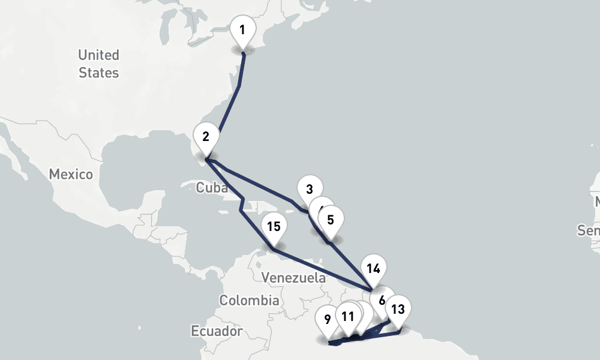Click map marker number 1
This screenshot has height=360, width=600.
242,30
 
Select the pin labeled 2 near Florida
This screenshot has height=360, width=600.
206,136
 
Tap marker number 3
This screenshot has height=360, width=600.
309,190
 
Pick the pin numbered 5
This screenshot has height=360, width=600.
331,220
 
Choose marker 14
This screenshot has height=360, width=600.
373,268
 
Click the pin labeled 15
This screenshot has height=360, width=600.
274,227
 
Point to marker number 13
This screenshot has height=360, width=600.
398,310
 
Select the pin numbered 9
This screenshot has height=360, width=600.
327,319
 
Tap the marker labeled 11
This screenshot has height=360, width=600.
347,316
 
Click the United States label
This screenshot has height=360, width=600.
98,64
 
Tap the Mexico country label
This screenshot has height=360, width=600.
71,175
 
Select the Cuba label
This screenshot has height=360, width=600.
212,188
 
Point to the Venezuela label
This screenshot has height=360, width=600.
294,278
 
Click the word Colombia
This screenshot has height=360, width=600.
248,300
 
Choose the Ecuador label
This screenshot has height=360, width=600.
217,331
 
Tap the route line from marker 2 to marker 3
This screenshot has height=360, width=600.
258,182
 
